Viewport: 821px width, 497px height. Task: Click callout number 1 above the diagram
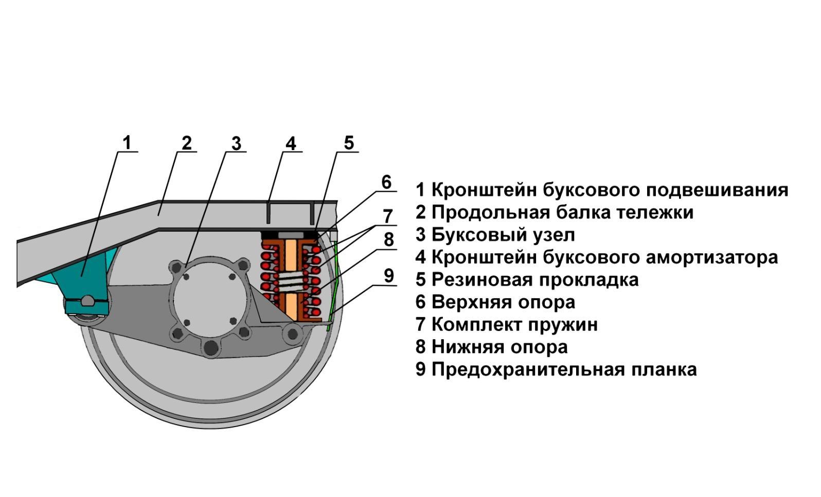[127, 143]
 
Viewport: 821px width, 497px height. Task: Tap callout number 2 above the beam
[187, 143]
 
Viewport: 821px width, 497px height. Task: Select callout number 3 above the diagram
[237, 143]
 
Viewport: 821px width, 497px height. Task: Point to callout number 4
[291, 143]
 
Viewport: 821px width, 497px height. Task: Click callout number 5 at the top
[349, 142]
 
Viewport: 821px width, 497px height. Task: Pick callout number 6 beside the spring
[386, 182]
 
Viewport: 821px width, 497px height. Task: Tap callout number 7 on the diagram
[388, 216]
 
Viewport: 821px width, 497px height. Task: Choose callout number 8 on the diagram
[388, 240]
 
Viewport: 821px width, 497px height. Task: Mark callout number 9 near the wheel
[389, 276]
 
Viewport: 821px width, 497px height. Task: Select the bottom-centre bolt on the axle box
[211, 347]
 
